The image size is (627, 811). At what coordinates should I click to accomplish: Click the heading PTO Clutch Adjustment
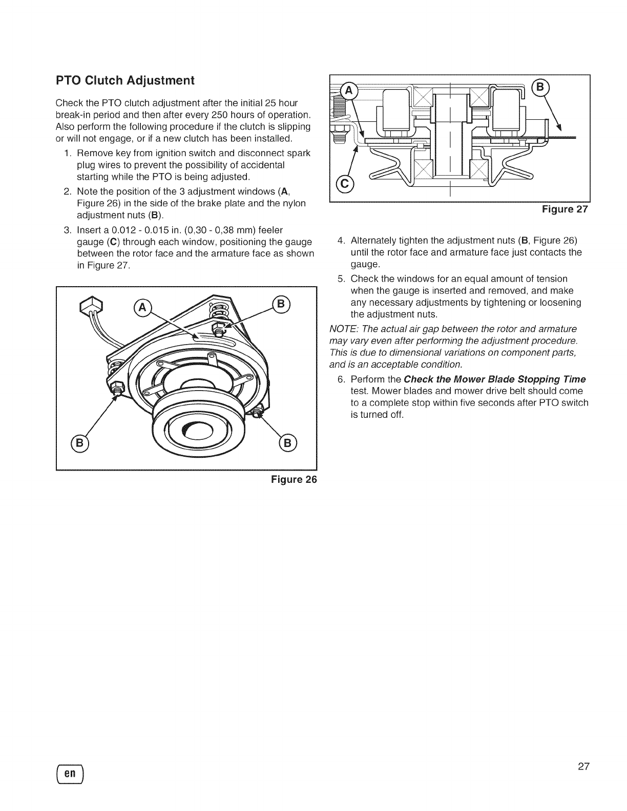126,80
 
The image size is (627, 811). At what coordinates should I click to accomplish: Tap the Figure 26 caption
294,480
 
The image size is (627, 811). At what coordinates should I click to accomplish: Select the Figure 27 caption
563,209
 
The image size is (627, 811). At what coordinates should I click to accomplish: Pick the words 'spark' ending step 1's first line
300,154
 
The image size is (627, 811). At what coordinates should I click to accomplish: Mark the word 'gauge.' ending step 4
365,264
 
